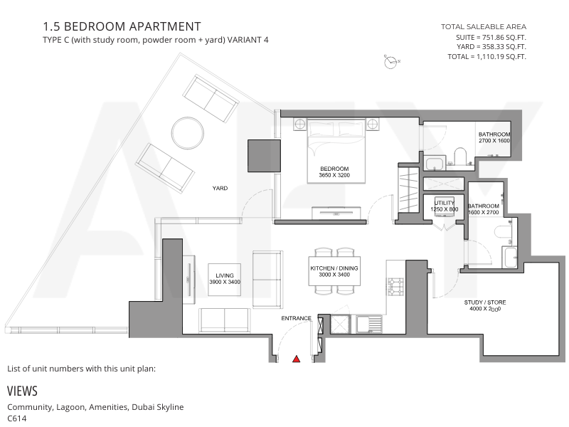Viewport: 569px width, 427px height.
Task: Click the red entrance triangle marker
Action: coord(297,359)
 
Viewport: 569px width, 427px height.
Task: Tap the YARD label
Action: coord(220,188)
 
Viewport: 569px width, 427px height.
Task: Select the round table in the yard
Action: coord(188,133)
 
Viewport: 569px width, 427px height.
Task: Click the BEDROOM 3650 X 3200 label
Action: coord(334,172)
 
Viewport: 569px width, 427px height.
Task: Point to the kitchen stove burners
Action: coord(395,287)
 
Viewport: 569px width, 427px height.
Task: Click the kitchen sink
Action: coord(369,324)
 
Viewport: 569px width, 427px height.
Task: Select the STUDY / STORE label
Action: coord(485,305)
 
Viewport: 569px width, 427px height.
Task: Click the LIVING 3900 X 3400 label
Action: coord(225,278)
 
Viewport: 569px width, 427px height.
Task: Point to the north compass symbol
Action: coord(390,62)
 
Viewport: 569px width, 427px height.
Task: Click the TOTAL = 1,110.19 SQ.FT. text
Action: coord(486,57)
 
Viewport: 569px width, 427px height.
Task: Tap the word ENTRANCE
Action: coord(296,318)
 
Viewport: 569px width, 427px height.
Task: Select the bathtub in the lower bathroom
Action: coord(509,257)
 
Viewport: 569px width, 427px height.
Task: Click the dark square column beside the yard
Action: coord(264,156)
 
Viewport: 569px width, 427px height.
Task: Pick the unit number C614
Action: coord(16,418)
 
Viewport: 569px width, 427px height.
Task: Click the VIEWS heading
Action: coord(22,391)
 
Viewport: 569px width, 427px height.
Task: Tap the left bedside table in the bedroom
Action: coord(299,124)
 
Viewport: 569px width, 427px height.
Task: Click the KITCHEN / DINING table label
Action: coord(334,271)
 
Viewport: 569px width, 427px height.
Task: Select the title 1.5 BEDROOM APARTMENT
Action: coord(122,26)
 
